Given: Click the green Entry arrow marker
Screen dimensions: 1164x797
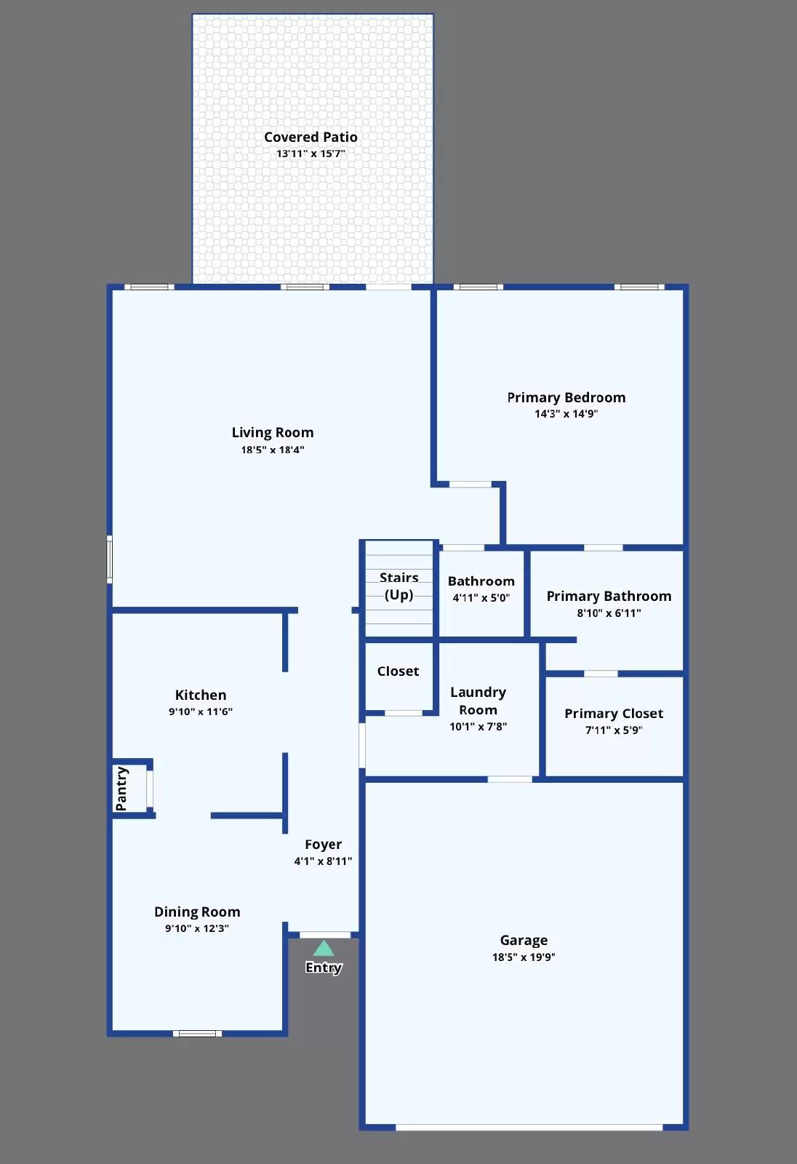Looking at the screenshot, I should (x=324, y=948).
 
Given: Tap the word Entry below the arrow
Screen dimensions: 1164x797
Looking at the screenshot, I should (x=324, y=968).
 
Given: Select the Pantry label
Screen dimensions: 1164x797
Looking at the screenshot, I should (x=121, y=789).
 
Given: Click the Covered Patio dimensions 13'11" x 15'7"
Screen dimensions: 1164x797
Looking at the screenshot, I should (x=311, y=154).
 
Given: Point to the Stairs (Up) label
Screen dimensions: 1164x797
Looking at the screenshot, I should (x=398, y=586).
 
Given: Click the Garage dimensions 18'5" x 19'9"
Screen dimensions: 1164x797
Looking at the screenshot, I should (x=523, y=957).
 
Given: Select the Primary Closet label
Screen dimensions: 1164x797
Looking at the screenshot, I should (x=614, y=714).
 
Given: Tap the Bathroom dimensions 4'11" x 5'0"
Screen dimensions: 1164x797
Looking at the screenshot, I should (x=481, y=598).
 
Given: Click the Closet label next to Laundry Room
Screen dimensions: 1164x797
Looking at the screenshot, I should (x=398, y=671).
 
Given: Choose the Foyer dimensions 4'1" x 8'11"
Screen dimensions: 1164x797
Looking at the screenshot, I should (x=323, y=861).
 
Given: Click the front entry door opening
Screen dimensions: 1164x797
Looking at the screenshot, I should (x=324, y=935).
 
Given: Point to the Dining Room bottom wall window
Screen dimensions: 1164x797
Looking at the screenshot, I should (x=197, y=1033).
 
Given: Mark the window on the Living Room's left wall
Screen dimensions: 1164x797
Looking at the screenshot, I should (x=110, y=559).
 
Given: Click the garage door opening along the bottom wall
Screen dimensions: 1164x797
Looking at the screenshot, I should (x=529, y=1128).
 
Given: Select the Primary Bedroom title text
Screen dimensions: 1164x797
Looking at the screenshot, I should (x=566, y=397).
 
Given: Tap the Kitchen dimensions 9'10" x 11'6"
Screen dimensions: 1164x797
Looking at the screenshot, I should (x=200, y=711).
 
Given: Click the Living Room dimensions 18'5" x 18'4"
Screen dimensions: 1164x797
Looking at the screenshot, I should (x=273, y=450).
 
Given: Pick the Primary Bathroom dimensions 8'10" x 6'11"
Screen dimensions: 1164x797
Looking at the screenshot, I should (x=609, y=613).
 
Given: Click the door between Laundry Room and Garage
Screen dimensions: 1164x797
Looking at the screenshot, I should (x=509, y=779).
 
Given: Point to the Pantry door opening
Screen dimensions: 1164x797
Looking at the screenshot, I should (x=150, y=789).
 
